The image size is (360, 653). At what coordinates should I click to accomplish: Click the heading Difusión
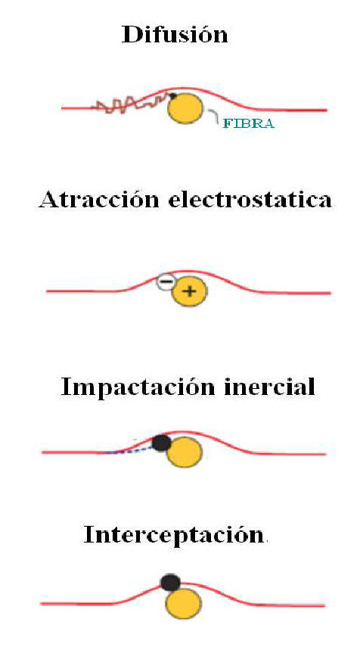[x=175, y=35]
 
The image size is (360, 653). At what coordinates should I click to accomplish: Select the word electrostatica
[x=250, y=201]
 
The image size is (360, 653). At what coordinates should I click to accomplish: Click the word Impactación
[x=138, y=387]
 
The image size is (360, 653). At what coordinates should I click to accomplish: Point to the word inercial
[x=270, y=387]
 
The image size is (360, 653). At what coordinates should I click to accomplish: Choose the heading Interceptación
[x=174, y=534]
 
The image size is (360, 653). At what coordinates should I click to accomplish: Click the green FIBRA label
[x=249, y=123]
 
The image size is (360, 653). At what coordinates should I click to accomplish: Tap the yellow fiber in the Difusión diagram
[x=186, y=109]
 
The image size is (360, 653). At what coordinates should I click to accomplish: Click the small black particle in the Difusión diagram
[x=173, y=96]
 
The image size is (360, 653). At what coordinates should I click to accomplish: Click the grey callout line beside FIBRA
[x=213, y=115]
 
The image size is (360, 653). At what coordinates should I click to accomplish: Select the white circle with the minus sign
[x=166, y=281]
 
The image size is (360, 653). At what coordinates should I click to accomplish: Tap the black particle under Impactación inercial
[x=161, y=443]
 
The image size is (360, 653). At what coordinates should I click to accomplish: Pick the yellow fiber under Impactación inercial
[x=185, y=453]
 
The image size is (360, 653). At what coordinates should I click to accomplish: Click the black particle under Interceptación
[x=171, y=582]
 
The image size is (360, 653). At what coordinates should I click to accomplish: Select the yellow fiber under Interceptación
[x=184, y=604]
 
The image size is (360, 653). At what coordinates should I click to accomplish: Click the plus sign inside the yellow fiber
[x=189, y=291]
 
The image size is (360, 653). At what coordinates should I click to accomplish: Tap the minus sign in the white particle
[x=166, y=281]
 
